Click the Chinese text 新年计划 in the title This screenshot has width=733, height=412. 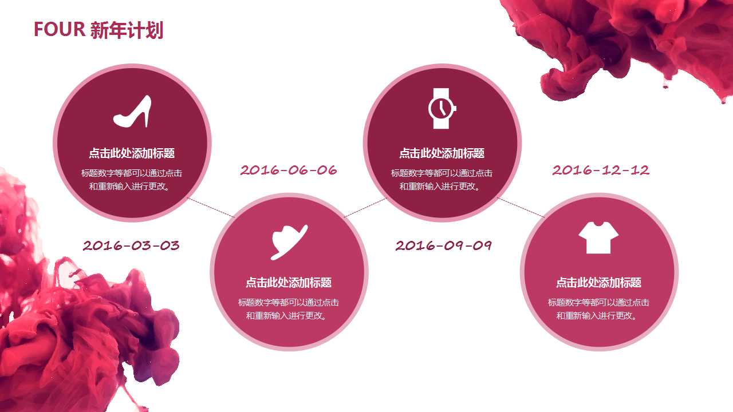pos(127,29)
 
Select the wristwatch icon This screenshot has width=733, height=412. pos(442,108)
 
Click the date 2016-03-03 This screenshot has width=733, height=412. pos(131,245)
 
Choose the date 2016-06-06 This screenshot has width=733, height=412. pos(289,170)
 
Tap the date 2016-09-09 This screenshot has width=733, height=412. pos(444,245)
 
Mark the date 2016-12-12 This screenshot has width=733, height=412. pos(601,170)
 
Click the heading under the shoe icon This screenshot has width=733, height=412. pos(132,153)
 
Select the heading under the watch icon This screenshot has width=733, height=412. pos(442,153)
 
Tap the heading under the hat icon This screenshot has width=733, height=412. pos(289,283)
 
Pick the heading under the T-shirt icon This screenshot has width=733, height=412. pos(598,283)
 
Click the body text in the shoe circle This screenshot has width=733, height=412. pos(132,180)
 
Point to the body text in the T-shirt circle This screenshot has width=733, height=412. pos(598,309)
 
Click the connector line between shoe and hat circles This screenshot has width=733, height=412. pos(211,208)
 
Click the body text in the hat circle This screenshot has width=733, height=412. pos(289,309)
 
